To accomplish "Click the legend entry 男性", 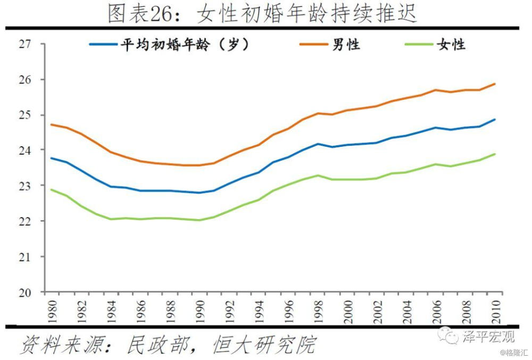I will coord(346,45).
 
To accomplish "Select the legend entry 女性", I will coord(451,45).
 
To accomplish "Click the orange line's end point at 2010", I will coord(495,83).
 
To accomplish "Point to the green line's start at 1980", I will coord(51,189).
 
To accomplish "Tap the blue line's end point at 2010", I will coord(495,119).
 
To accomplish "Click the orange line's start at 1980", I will coord(51,124).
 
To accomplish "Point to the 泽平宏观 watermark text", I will coord(488,336).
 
